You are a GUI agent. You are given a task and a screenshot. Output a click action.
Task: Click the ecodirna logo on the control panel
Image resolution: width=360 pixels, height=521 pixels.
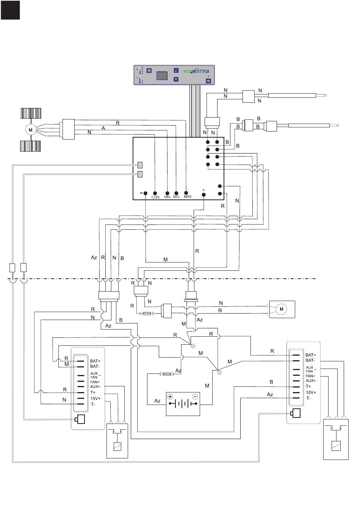coord(196,71)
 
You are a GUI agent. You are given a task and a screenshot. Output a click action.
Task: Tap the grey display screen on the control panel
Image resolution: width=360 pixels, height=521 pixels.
coord(162,75)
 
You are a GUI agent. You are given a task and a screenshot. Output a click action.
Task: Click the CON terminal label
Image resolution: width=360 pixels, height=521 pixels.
coord(155,197)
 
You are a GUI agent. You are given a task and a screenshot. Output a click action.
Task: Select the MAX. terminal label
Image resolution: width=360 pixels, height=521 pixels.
coord(188,196)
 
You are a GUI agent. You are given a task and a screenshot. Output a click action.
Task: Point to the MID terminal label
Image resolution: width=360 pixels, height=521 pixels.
coord(176,197)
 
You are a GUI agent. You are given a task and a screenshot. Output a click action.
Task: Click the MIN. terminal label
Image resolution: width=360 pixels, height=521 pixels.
coord(167,197)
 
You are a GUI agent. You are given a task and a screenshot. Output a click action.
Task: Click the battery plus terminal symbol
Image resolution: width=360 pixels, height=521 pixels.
coord(170,397)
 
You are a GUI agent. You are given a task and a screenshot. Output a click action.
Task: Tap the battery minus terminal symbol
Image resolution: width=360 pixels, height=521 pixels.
coord(195,397)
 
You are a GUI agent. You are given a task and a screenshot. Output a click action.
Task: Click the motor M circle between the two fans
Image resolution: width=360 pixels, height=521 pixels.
coord(31,130)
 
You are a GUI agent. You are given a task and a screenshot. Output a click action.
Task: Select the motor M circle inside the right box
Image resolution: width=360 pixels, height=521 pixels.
coord(282,309)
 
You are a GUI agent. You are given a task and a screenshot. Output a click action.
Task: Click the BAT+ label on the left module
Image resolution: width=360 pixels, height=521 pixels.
coord(95,361)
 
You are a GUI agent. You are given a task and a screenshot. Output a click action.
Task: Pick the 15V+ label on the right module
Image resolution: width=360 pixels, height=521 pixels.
coord(311,392)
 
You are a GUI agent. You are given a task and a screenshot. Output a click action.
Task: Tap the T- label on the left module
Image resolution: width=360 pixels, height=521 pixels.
coord(93,404)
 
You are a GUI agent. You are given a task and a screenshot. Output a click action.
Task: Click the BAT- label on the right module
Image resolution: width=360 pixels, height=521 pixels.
coord(310,360)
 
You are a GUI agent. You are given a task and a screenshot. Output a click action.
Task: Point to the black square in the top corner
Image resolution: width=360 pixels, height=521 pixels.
coord(10,10)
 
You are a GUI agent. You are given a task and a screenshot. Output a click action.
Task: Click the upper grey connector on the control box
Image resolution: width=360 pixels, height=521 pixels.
coord(140,165)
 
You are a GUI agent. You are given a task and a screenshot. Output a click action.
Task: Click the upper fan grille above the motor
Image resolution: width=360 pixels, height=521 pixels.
coord(31,113)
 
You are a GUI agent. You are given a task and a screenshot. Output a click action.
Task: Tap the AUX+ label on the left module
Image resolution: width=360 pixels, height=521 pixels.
coord(95,386)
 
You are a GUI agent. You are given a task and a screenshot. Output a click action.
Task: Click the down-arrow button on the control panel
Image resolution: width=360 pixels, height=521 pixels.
coord(176,79)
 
